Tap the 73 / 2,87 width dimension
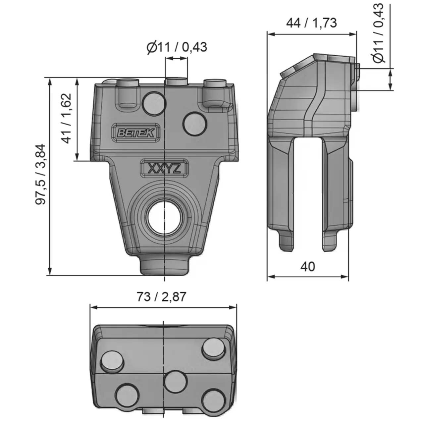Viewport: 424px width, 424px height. (161, 296)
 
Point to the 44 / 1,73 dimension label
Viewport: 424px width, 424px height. (311, 23)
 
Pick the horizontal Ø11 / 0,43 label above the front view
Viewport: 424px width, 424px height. (177, 47)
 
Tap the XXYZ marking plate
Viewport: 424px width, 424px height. (164, 169)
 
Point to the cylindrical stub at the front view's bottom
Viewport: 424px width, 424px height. (165, 265)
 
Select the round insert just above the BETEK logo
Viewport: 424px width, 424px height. (153, 103)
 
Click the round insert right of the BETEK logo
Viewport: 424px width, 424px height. (195, 124)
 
